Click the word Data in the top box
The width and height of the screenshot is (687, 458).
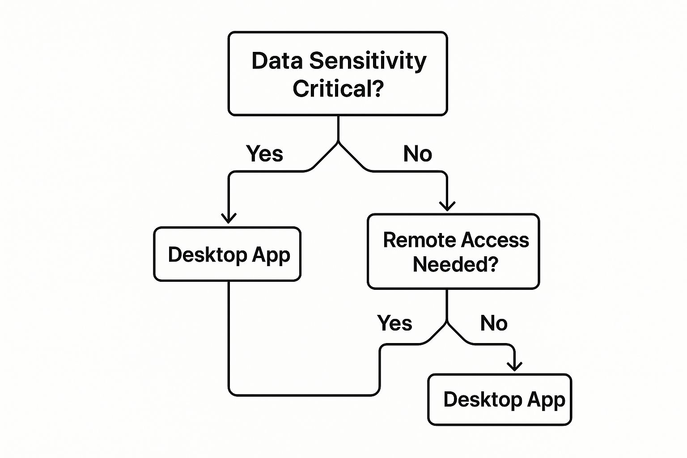(x=277, y=61)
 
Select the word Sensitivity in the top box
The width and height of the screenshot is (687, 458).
(x=368, y=61)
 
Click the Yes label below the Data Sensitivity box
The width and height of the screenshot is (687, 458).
(x=264, y=154)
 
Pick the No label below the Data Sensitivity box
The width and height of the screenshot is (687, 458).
(x=417, y=154)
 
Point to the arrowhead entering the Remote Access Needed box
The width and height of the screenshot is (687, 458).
(x=447, y=206)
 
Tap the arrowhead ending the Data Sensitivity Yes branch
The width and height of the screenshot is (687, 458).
(x=229, y=218)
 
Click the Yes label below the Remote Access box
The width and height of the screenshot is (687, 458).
(x=394, y=323)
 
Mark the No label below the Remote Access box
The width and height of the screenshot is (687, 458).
(x=494, y=323)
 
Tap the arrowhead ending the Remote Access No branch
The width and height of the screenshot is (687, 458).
(x=515, y=366)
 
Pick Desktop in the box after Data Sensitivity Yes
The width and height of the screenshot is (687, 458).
(x=208, y=254)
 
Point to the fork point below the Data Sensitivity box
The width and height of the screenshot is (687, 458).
(x=338, y=143)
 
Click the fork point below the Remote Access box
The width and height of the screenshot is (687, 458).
(x=447, y=322)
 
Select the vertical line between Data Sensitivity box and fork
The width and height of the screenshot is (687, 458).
(x=338, y=129)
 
